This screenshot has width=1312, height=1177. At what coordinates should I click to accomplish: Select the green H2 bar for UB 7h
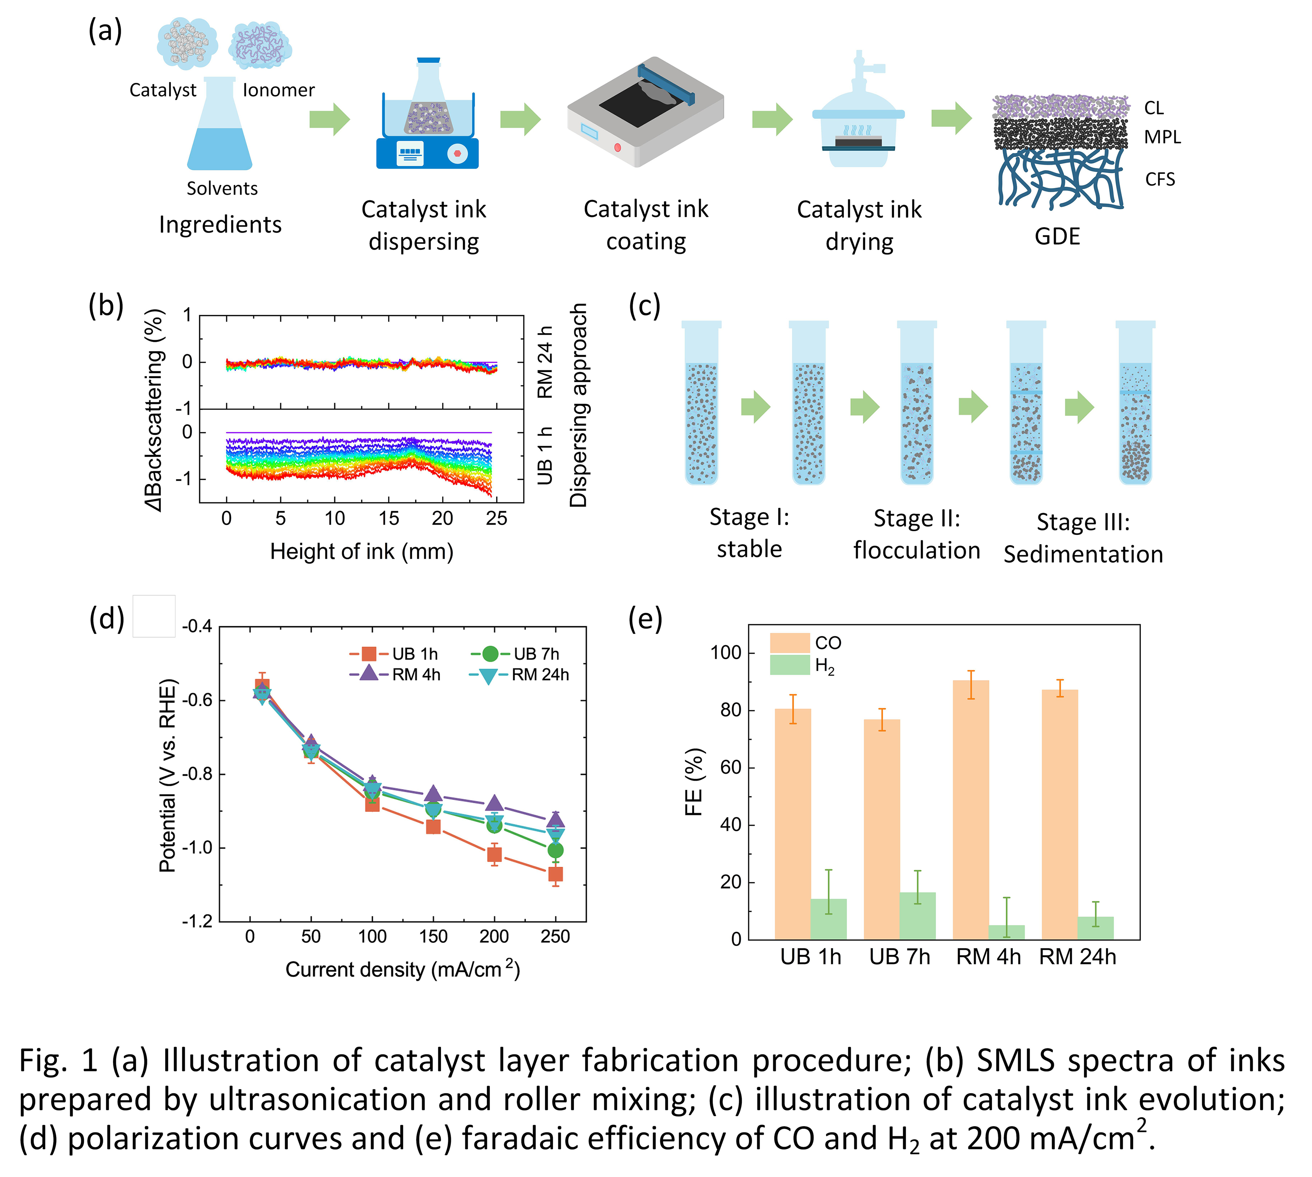pyautogui.click(x=917, y=915)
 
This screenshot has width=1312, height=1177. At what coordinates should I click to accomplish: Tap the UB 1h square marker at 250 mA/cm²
pyautogui.click(x=555, y=874)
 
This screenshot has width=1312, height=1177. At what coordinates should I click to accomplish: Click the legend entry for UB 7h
pyautogui.click(x=515, y=654)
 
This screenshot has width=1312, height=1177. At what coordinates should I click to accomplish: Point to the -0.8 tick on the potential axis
pyautogui.click(x=197, y=774)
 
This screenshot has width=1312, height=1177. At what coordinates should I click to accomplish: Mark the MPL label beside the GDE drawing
pyautogui.click(x=1162, y=137)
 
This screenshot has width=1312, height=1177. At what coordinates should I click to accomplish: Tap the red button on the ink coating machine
pyautogui.click(x=617, y=147)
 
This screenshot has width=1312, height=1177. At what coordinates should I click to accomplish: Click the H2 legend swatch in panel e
pyautogui.click(x=789, y=665)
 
